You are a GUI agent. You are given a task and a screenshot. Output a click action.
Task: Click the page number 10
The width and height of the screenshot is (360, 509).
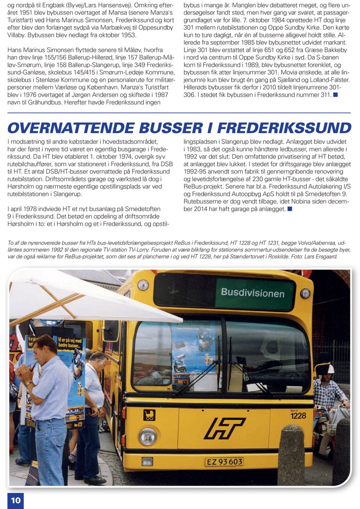(x=15, y=500)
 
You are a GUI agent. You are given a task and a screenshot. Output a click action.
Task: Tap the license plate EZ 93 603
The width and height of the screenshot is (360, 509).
(x=224, y=462)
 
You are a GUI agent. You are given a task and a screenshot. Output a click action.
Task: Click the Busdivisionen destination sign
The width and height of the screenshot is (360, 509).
(x=252, y=293)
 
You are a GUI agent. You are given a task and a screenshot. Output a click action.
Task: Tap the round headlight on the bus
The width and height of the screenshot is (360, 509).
(x=147, y=436)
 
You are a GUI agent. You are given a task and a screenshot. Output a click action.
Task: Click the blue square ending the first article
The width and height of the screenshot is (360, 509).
(x=335, y=94)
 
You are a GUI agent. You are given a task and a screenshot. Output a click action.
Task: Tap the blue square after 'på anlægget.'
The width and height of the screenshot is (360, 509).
(x=289, y=209)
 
